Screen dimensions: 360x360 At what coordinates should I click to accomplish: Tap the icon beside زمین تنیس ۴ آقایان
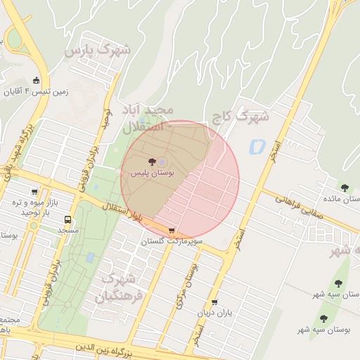tap(37, 79)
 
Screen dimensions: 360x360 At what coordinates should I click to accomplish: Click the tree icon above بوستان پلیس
tap(153, 162)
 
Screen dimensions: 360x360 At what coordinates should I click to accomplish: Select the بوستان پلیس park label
tap(153, 172)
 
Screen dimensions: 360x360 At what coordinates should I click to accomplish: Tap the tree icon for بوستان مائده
tap(344, 187)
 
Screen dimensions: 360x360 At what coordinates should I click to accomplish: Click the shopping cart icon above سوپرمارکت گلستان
tap(172, 231)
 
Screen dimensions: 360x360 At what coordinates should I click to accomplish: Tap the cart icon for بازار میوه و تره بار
tap(34, 191)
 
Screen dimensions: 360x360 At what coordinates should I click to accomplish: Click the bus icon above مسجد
tap(68, 219)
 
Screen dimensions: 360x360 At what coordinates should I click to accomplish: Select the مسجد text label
tap(68, 230)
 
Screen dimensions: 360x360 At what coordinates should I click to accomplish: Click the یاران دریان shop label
tap(214, 312)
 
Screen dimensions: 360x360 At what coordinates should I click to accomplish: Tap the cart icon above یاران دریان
tap(214, 302)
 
